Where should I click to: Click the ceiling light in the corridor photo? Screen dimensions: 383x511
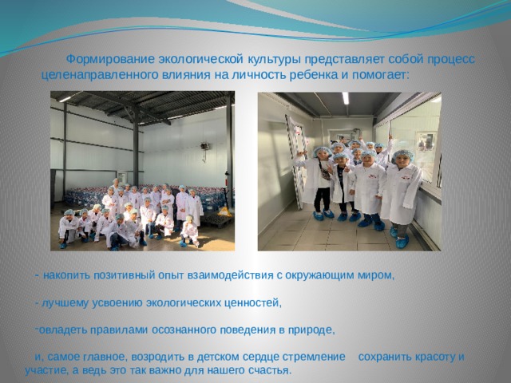[345, 98]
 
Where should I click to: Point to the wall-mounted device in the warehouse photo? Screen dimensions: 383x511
[205, 146]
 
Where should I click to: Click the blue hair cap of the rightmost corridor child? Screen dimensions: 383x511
[403, 154]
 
